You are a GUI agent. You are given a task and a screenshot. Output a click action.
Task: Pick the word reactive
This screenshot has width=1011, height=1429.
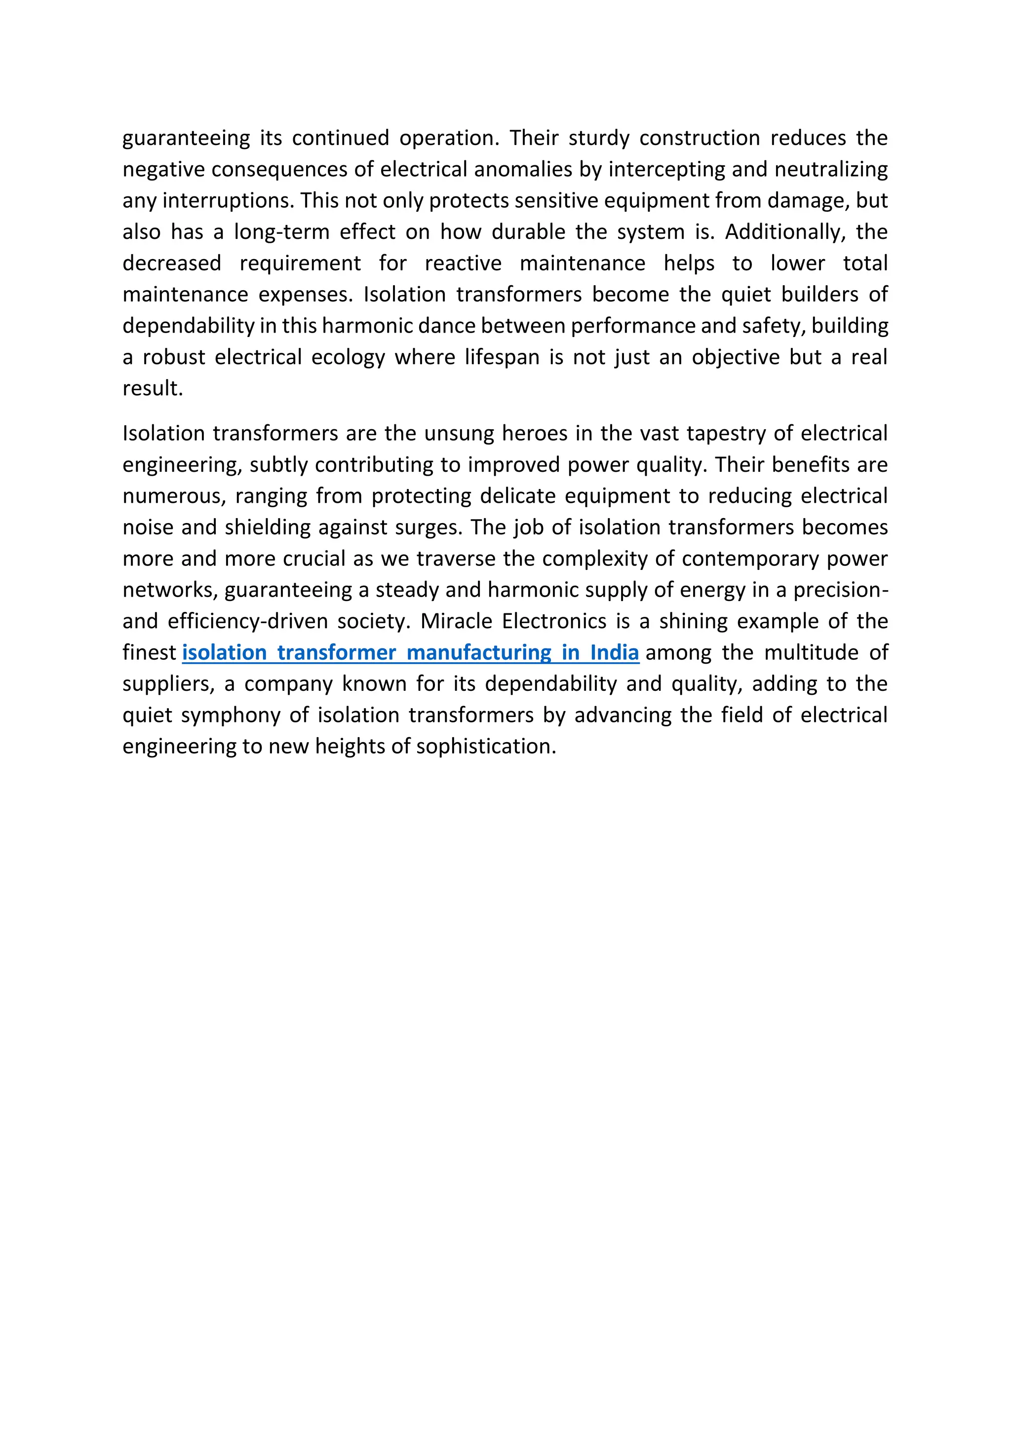tap(463, 263)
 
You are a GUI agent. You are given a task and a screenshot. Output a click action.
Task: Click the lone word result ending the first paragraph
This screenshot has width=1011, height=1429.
tap(152, 388)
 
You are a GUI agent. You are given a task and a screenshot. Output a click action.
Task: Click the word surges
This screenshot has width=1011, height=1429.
tap(428, 527)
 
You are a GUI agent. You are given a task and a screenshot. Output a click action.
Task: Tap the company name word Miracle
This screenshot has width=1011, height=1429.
tap(456, 621)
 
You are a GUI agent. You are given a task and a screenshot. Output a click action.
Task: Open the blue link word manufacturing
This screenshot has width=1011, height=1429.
tap(479, 653)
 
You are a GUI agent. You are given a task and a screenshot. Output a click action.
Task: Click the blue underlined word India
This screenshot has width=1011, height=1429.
tap(615, 653)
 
